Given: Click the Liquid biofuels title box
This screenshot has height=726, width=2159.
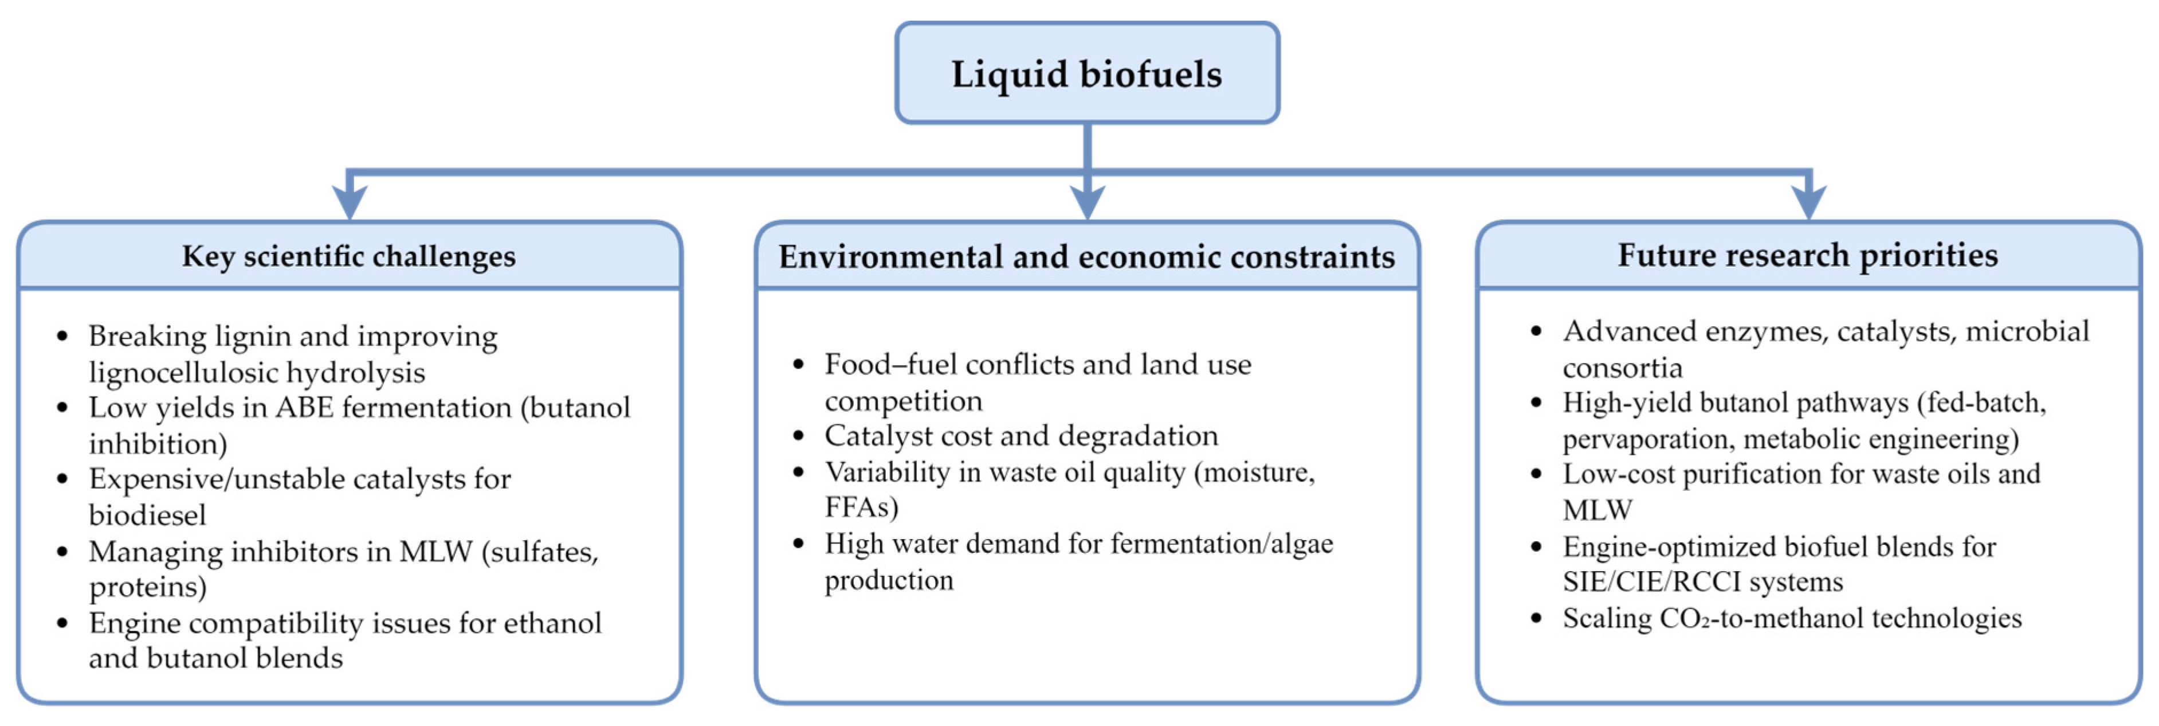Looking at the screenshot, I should pyautogui.click(x=1086, y=74).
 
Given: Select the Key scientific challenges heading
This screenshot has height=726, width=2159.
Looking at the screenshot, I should pyautogui.click(x=348, y=256).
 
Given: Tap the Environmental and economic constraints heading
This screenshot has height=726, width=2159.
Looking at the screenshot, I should pyautogui.click(x=1086, y=256).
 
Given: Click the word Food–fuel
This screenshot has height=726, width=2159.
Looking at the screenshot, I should pyautogui.click(x=890, y=365).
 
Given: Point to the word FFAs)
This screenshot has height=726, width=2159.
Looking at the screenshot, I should pyautogui.click(x=861, y=507).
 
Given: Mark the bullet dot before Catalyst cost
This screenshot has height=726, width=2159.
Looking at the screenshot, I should pyautogui.click(x=798, y=436).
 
